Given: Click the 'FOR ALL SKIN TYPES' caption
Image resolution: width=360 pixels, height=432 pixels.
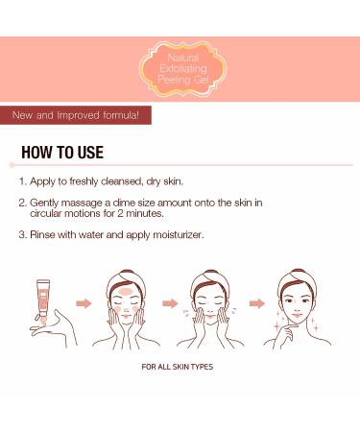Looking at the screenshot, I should click(x=180, y=367).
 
